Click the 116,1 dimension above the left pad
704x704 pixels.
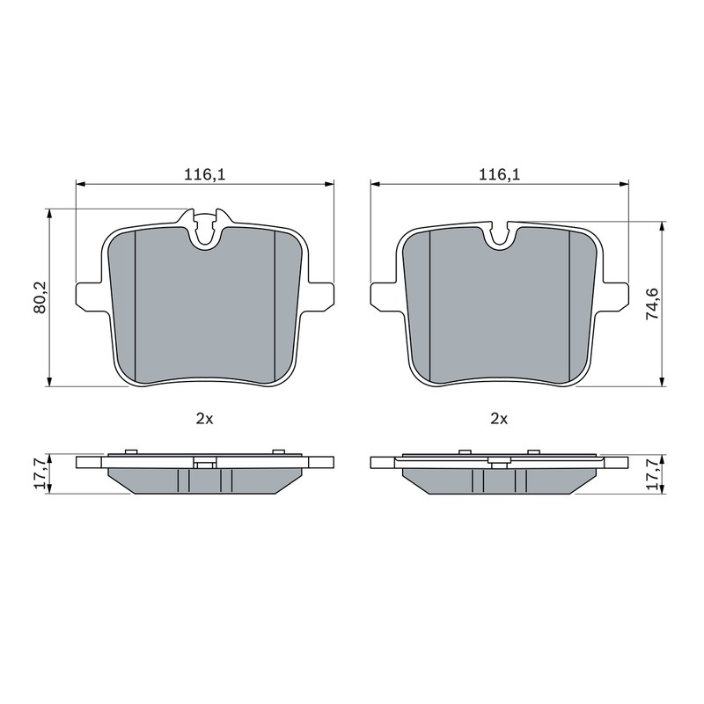[205, 174]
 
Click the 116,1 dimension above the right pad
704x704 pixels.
[499, 174]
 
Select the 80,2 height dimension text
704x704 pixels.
[40, 297]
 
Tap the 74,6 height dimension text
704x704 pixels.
[651, 304]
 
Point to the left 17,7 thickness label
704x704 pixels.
[40, 474]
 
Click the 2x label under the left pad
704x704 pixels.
[204, 419]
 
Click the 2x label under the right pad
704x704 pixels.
[499, 419]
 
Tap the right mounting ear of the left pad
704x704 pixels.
[319, 296]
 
